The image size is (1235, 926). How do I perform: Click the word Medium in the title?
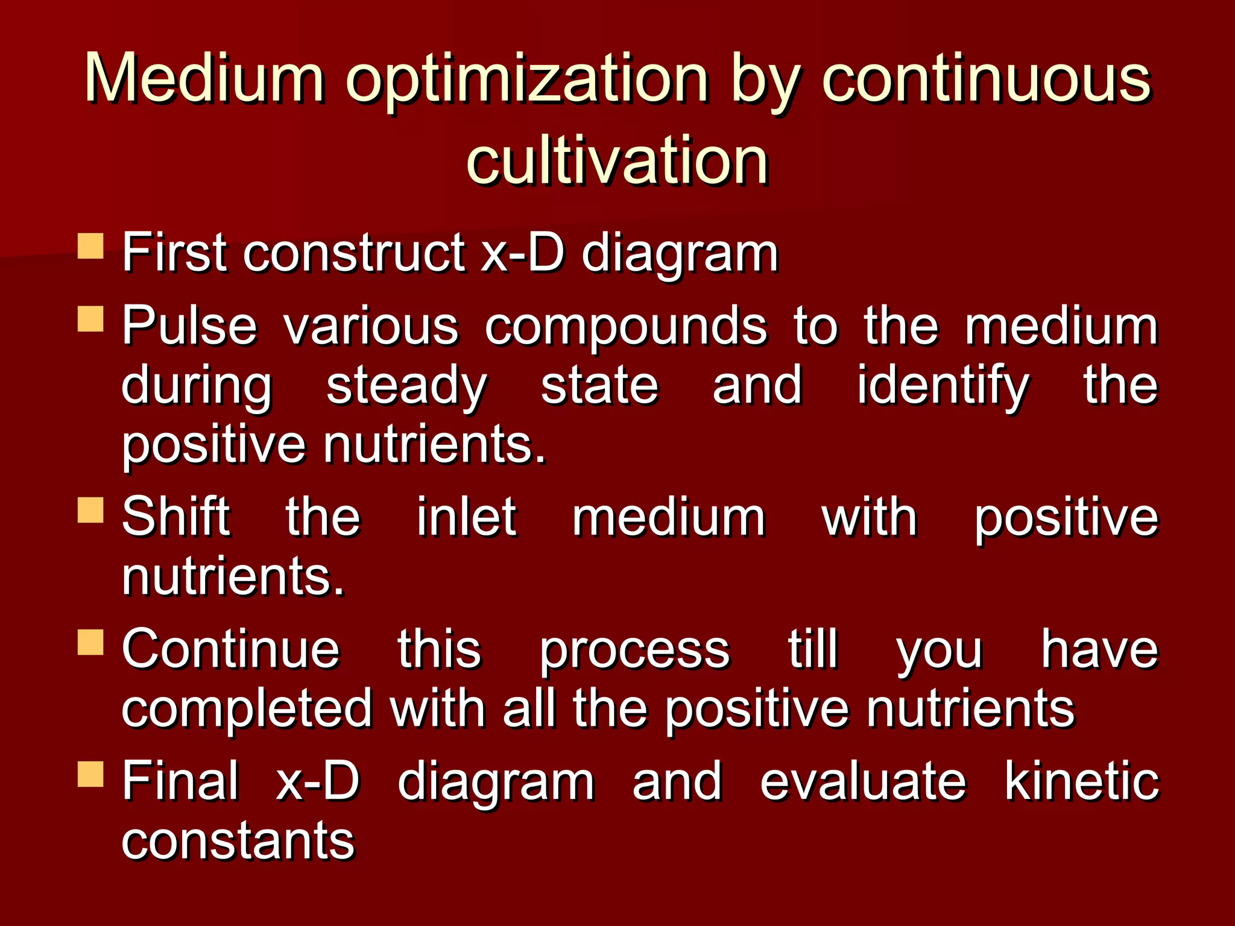(205, 78)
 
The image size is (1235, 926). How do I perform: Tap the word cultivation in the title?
(617, 160)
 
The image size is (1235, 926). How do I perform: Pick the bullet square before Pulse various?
(90, 319)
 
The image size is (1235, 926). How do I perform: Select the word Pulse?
(189, 326)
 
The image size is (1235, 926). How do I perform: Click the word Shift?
(175, 517)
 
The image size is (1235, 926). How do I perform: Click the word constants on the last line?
(238, 841)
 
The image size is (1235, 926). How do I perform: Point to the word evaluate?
(863, 781)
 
